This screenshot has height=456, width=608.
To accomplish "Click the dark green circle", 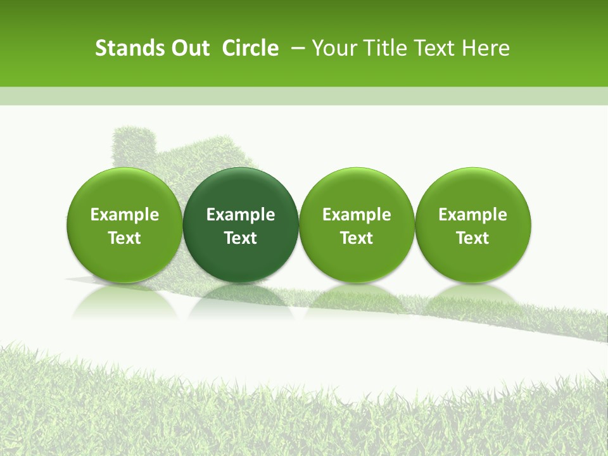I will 241,225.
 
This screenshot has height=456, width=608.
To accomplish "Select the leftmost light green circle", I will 124,225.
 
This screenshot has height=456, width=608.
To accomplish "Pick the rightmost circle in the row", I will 472,225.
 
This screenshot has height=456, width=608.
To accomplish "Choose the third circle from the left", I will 357,225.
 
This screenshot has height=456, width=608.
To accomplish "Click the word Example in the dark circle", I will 241,215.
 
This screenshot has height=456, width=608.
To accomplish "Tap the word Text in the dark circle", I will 241,238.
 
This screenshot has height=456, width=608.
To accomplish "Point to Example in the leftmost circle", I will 124,215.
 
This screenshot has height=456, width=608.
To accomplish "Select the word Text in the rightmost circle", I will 472,238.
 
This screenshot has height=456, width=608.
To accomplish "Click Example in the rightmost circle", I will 472,215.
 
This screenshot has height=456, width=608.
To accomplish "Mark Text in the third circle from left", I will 357,238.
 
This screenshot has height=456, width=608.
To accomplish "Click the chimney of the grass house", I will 134,144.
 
